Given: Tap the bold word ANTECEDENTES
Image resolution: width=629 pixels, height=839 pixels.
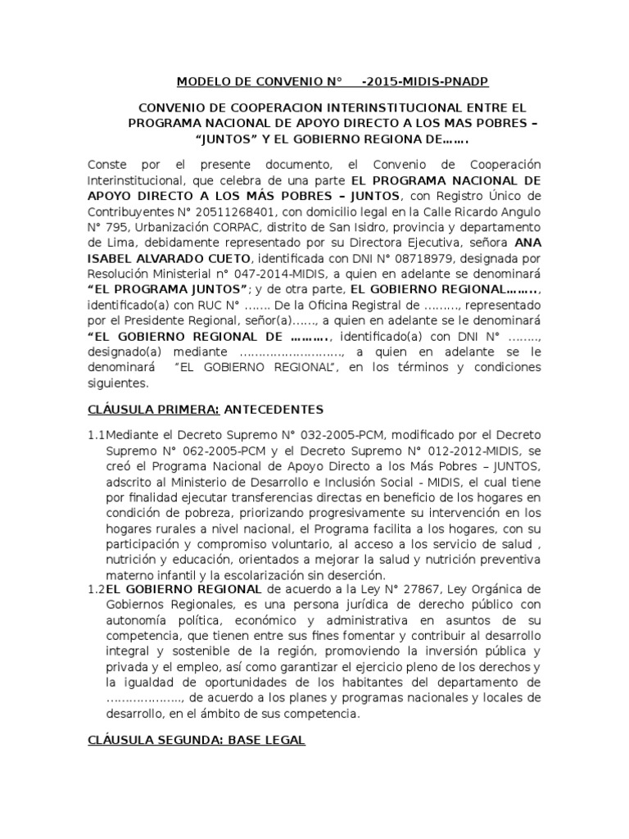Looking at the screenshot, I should pyautogui.click(x=274, y=409).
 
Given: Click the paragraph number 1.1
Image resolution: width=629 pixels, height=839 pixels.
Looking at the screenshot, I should pyautogui.click(x=96, y=433).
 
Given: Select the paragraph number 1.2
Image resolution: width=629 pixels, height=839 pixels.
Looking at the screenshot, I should pyautogui.click(x=96, y=589).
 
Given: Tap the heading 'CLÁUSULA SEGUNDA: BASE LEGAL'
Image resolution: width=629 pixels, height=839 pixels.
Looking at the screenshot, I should pyautogui.click(x=196, y=740).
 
